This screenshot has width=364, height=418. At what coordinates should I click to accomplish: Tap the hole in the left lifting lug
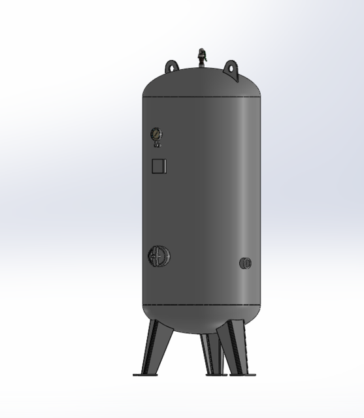(171, 65)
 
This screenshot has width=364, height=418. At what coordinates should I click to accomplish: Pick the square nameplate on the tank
(159, 166)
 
